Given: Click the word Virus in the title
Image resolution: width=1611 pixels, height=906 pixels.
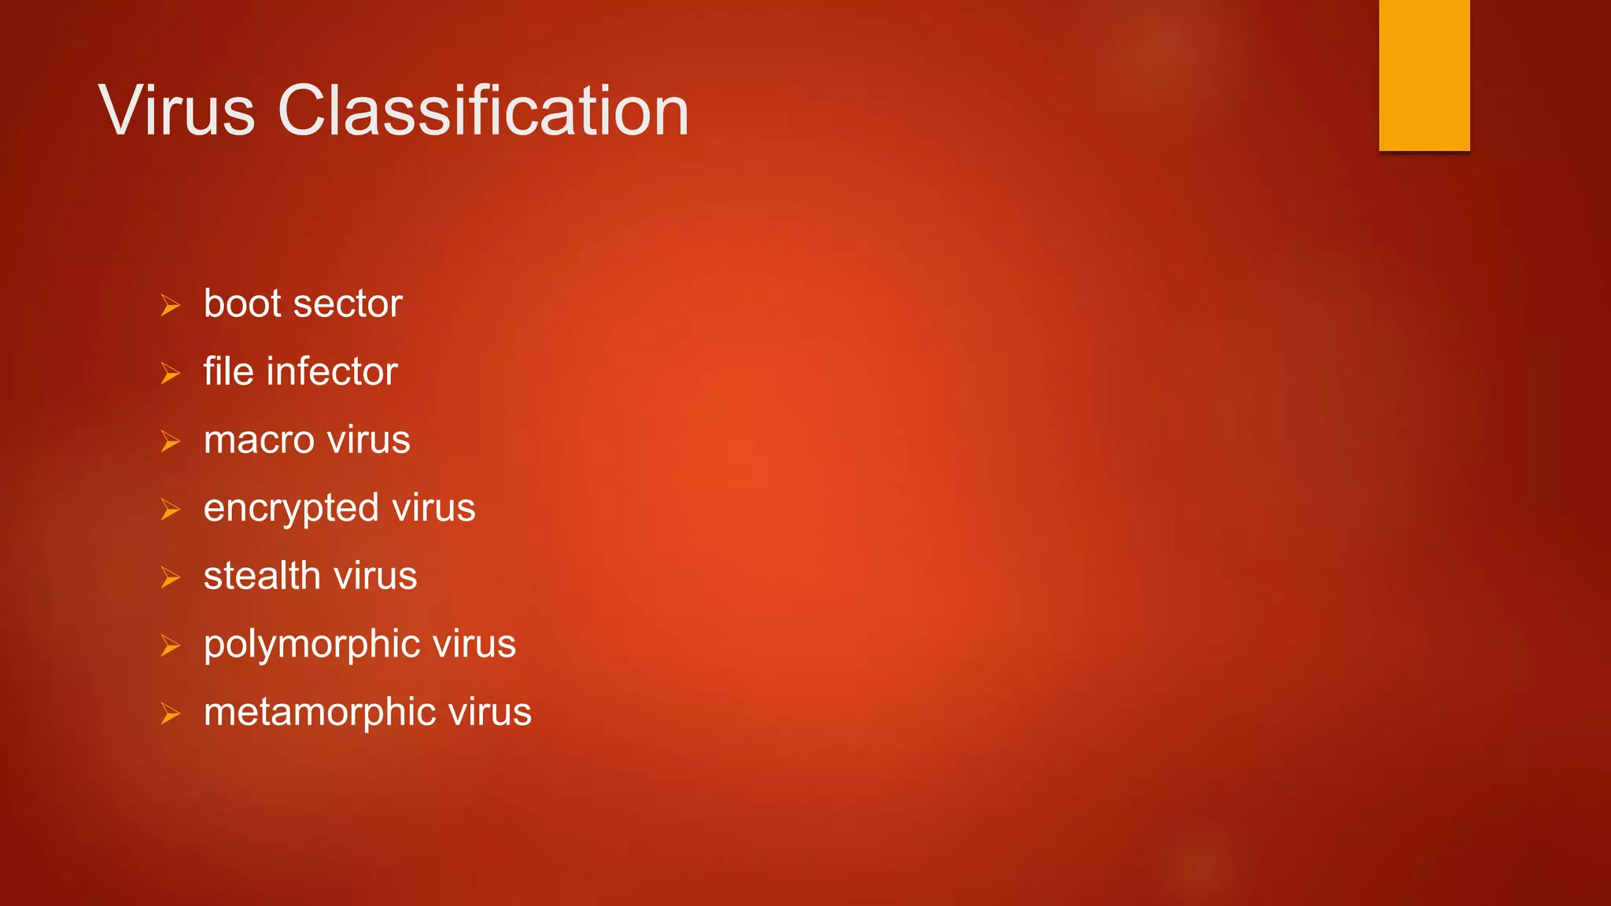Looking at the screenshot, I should coord(177,111).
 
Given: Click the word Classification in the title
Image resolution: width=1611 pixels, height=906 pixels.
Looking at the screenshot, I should coord(483,111).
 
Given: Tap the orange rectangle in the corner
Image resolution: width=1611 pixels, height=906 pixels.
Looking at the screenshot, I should coord(1424,75).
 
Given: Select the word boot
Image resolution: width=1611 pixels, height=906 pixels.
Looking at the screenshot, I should coord(242,304).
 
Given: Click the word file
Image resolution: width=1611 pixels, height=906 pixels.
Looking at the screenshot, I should coord(228,371).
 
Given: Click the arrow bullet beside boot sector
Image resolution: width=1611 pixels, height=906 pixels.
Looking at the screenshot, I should coord(170,305).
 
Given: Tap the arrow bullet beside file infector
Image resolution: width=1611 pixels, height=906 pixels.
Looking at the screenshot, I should coord(170,373).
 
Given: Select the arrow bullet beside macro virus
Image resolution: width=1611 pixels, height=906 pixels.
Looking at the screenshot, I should coord(170,441).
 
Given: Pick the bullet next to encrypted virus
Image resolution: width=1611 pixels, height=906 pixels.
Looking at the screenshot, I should coord(170,510).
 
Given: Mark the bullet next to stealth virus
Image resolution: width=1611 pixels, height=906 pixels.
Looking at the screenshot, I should coord(170,577).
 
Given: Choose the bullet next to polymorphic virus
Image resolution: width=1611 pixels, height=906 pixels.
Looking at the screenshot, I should coord(170,646).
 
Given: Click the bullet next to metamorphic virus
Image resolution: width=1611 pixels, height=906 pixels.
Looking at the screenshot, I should coord(170,713).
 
